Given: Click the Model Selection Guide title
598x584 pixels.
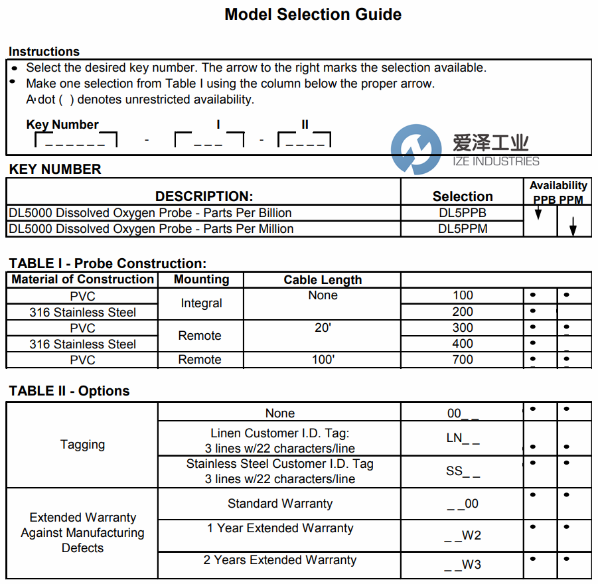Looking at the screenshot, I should (313, 14).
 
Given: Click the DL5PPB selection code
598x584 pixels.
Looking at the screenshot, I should (462, 213).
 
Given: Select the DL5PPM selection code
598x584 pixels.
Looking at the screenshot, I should (462, 229).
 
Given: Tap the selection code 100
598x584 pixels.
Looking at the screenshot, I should (463, 295).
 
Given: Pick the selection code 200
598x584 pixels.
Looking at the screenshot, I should (463, 311).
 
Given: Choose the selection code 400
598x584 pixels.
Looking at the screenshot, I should (463, 344).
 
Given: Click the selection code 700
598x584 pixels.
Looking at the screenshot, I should (463, 360).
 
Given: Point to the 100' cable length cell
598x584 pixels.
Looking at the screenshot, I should (323, 360).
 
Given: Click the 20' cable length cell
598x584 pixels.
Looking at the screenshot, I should (323, 328).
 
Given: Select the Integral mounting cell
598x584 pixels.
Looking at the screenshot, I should (201, 303).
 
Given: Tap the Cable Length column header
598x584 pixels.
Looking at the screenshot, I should (323, 279).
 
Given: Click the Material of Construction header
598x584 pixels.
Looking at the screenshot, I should (83, 279).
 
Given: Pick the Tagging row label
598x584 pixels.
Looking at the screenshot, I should (82, 445).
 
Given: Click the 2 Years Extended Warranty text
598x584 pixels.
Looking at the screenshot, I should (279, 560).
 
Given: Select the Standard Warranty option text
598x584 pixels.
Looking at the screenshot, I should (279, 504).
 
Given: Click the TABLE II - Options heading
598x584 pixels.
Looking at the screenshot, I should (69, 391).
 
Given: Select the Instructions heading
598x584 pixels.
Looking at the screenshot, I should (44, 52).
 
